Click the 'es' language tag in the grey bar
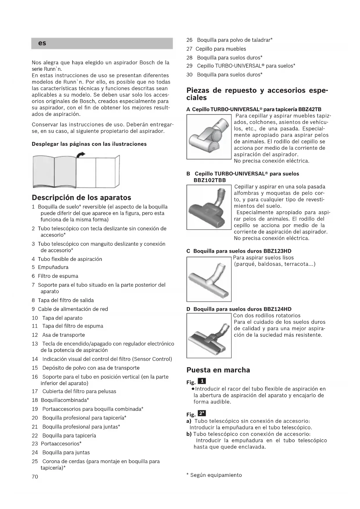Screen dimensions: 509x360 click(42, 43)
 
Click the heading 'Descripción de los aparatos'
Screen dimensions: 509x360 click(81, 198)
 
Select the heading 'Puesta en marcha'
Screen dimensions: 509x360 click(218, 370)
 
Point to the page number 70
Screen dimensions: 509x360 click(35, 476)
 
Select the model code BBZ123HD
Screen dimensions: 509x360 click(277, 251)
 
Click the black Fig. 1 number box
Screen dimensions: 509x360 click(202, 381)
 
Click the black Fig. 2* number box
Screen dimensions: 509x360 click(202, 414)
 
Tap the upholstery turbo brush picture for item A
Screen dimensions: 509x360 click(209, 137)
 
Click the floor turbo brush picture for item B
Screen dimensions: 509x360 click(209, 207)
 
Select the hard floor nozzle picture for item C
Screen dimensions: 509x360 click(209, 279)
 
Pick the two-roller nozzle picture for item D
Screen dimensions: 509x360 click(209, 336)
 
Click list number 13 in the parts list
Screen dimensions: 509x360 click(35, 344)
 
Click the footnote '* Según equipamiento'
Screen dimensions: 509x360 click(214, 475)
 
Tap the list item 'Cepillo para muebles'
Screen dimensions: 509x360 click(221, 49)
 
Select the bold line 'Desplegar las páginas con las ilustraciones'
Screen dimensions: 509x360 click(89, 144)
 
